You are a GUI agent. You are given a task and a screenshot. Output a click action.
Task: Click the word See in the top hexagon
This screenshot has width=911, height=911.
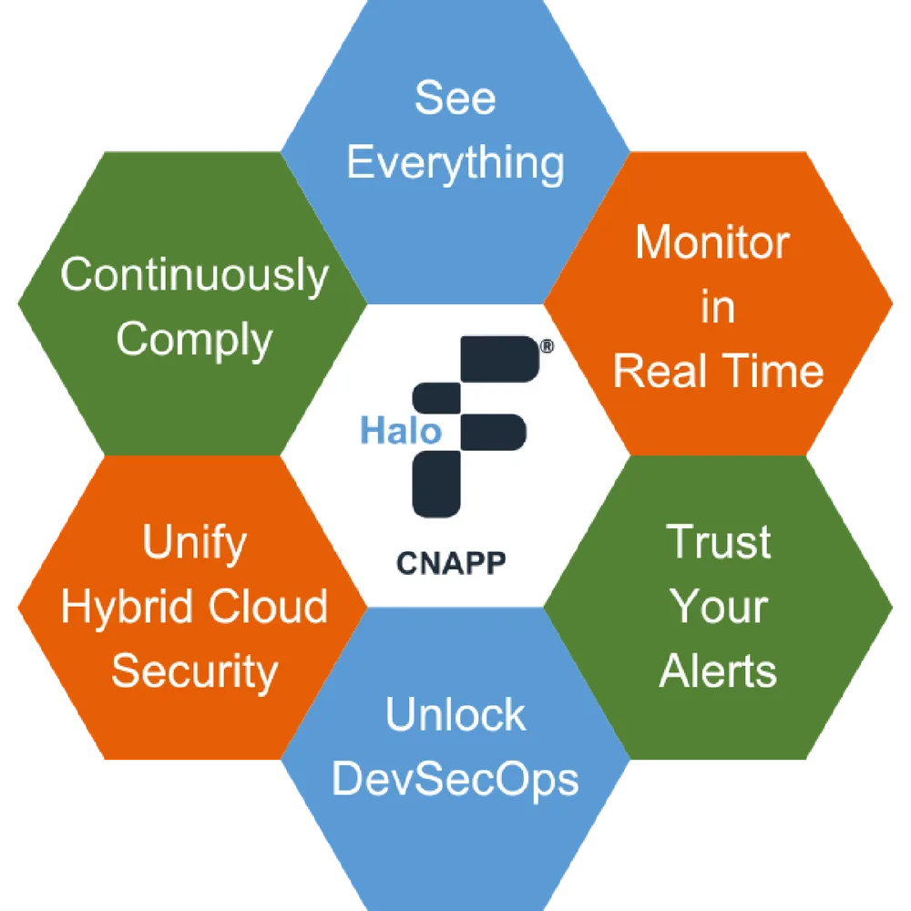[455, 97]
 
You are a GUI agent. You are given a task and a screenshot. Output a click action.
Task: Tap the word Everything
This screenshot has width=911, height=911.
[455, 164]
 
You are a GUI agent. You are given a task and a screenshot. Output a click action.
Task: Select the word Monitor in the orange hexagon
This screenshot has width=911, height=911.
[712, 241]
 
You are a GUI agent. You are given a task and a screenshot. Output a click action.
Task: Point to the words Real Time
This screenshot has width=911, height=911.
[719, 371]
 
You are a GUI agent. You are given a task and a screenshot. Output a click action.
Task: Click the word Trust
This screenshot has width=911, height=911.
[719, 541]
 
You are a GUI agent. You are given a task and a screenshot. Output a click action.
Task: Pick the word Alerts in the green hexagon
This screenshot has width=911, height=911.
[718, 671]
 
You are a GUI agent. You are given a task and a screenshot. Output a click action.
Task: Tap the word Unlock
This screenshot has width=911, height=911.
[455, 714]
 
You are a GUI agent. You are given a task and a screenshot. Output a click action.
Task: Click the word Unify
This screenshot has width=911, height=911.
[195, 543]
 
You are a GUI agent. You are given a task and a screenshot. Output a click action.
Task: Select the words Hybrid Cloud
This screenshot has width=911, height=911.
[195, 606]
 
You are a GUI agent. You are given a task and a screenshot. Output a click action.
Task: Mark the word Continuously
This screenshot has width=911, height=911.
[195, 276]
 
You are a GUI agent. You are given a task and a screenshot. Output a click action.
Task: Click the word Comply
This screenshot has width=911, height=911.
[195, 341]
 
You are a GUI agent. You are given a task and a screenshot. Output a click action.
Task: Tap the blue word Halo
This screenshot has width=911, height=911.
[401, 431]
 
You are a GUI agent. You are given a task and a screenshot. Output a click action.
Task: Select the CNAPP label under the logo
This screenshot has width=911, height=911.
[451, 563]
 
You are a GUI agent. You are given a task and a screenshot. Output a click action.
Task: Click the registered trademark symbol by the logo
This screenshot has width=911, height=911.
[547, 347]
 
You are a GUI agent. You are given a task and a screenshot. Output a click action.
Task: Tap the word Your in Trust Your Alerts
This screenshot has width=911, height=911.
[719, 606]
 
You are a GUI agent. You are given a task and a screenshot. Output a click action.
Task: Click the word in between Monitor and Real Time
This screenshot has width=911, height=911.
[718, 306]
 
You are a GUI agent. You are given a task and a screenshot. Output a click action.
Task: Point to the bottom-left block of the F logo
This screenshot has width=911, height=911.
[436, 484]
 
